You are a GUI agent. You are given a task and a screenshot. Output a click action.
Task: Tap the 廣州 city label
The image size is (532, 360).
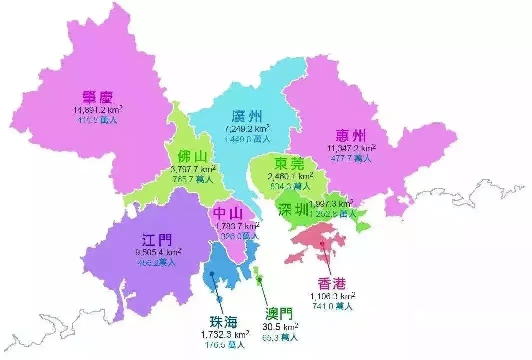247,117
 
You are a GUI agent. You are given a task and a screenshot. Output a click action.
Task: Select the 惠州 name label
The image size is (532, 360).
351,136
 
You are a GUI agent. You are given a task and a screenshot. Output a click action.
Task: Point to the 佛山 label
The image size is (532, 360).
192,156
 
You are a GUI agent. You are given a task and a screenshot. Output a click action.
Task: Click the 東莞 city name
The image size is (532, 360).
289,164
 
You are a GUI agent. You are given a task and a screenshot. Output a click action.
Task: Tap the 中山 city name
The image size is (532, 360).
228,214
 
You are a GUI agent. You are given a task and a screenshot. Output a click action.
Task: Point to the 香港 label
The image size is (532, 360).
331,284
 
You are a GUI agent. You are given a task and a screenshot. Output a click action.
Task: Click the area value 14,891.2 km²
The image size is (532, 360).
98,110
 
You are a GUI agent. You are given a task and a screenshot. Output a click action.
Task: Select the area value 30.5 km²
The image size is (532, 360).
280,327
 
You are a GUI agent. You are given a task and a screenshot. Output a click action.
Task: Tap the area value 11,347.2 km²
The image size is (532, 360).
351,148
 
